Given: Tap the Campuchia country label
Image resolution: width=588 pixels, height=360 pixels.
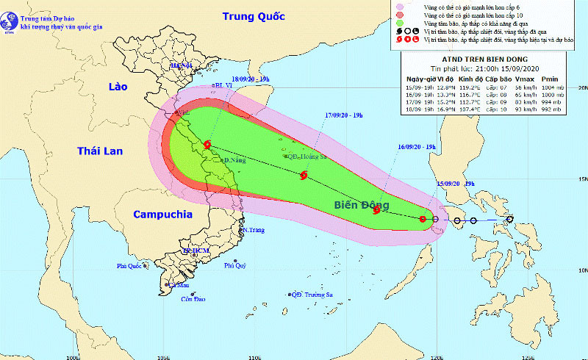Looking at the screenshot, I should (x=162, y=215).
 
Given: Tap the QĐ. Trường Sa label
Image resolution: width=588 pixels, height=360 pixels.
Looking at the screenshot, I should (x=312, y=295).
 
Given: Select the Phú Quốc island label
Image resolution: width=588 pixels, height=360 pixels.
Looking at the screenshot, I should (x=129, y=266).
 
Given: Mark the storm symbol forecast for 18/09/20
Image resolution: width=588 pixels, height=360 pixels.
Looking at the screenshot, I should (x=207, y=145).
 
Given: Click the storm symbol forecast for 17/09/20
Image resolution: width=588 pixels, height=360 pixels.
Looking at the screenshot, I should (x=304, y=175).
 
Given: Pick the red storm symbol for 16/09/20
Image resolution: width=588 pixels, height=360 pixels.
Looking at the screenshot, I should (x=376, y=210).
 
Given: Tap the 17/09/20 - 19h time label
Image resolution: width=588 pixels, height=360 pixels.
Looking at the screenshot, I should (x=348, y=115).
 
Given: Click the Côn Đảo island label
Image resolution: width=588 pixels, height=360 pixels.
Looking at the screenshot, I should (x=193, y=299).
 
